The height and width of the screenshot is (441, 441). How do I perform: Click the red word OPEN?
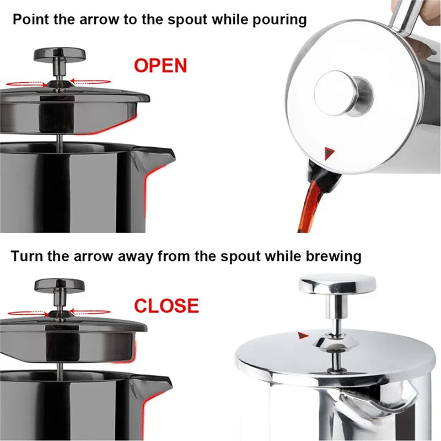click(x=160, y=65)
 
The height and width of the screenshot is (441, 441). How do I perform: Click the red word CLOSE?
click(x=166, y=305)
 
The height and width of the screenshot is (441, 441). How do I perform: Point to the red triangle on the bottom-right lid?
click(x=302, y=335)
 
